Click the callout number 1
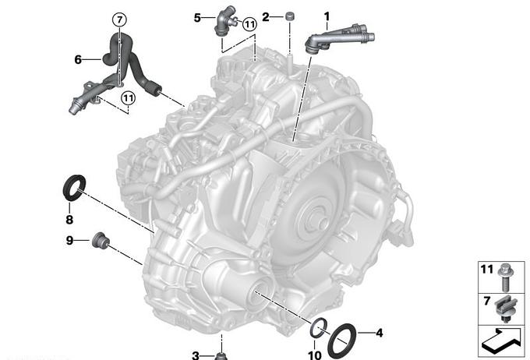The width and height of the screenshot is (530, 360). click(x=326, y=16)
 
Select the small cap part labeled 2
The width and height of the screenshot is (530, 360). click(x=289, y=16)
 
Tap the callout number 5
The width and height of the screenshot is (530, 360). click(x=197, y=18)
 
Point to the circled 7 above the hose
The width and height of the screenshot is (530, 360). click(x=119, y=20)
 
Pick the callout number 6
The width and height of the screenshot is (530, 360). click(x=78, y=59)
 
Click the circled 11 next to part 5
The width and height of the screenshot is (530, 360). click(x=249, y=24)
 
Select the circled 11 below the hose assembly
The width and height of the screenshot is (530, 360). click(x=128, y=98)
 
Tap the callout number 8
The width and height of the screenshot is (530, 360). click(x=69, y=220)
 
